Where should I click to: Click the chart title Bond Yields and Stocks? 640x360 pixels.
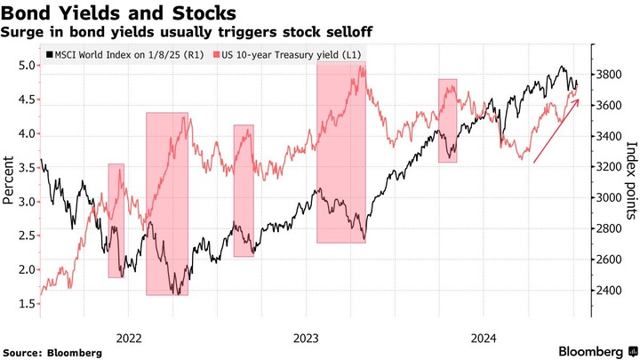119,13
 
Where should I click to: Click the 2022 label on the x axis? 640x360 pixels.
129,338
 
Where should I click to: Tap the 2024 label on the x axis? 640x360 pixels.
484,338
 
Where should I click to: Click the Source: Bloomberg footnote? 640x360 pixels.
52,353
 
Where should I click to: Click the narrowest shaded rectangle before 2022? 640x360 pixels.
116,220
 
